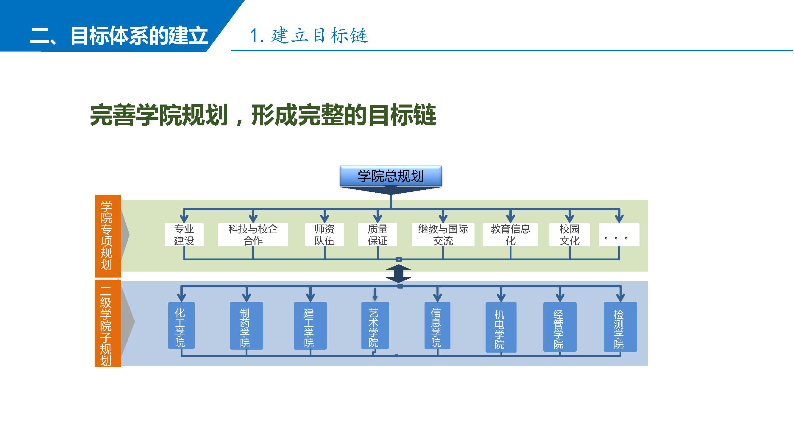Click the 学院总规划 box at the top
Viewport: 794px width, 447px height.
(x=391, y=176)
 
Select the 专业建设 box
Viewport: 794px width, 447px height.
(x=184, y=235)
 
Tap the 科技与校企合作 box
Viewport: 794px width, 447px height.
(x=253, y=235)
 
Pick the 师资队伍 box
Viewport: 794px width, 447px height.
(x=324, y=235)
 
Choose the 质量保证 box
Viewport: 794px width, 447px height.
(x=377, y=235)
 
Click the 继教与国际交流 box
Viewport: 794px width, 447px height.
(x=443, y=235)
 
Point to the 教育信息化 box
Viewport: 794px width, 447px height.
(x=510, y=235)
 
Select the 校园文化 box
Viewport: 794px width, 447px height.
(x=569, y=235)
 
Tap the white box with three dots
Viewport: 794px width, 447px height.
(x=619, y=235)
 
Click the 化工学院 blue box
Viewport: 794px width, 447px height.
(x=181, y=325)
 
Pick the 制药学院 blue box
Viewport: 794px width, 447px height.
(x=246, y=325)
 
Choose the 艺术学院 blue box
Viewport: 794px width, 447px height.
(x=375, y=325)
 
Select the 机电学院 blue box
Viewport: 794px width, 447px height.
(x=500, y=327)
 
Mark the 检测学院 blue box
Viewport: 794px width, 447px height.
(x=620, y=327)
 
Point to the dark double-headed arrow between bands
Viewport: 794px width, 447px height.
(x=398, y=273)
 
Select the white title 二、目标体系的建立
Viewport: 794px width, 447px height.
(x=119, y=36)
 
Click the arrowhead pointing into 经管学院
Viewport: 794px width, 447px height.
(x=560, y=297)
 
